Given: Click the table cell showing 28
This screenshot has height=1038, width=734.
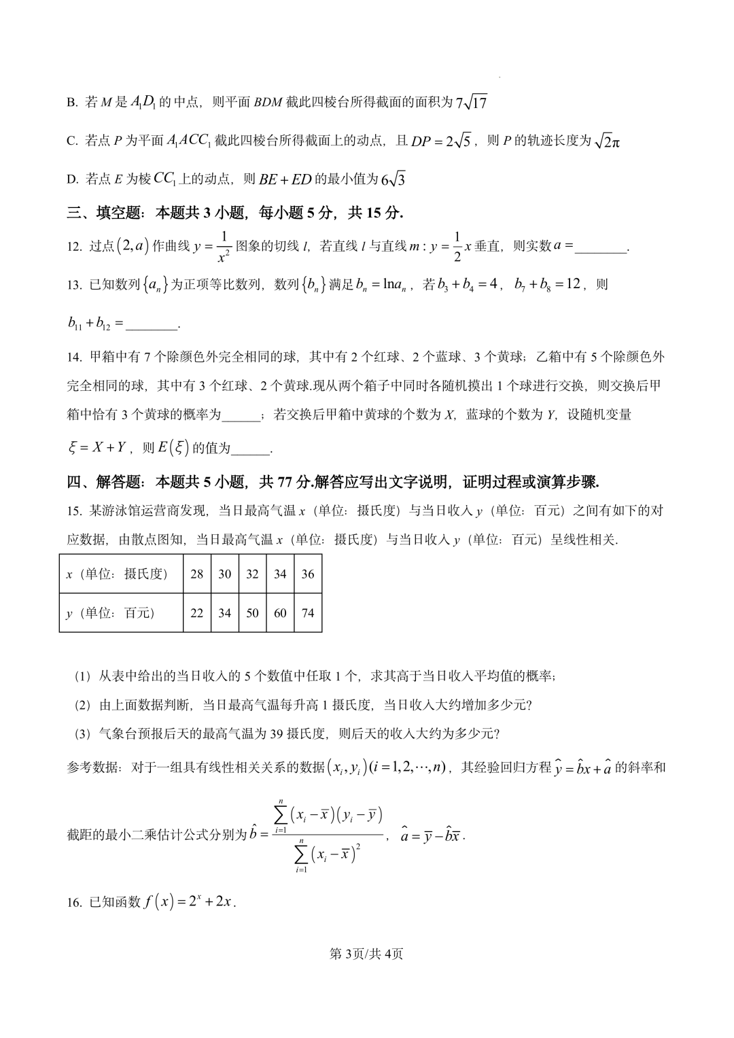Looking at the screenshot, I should pyautogui.click(x=196, y=574).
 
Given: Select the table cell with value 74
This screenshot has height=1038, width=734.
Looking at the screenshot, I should pyautogui.click(x=308, y=612).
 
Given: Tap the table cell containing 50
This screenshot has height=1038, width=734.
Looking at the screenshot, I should pyautogui.click(x=252, y=612).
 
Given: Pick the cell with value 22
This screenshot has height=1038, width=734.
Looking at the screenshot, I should pyautogui.click(x=196, y=612).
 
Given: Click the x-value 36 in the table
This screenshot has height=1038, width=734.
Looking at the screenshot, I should pyautogui.click(x=308, y=574).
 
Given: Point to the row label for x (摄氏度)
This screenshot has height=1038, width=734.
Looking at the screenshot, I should pyautogui.click(x=116, y=574).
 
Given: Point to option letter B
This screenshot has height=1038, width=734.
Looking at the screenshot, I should pyautogui.click(x=71, y=103).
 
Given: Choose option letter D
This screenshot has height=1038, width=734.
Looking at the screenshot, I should pyautogui.click(x=71, y=179).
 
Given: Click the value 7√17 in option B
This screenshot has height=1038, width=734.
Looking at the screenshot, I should pyautogui.click(x=472, y=103).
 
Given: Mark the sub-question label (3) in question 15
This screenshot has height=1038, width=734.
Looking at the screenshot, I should pyautogui.click(x=82, y=733).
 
